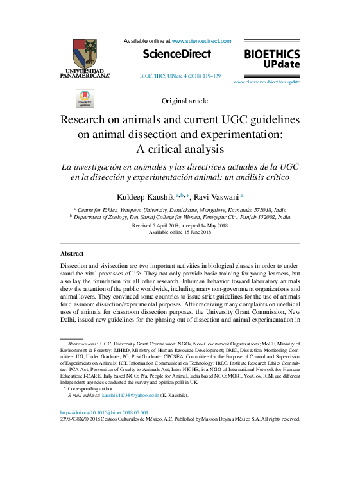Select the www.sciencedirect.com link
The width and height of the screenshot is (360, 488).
(x=201, y=40)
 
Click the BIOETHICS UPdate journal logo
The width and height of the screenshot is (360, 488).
(x=272, y=59)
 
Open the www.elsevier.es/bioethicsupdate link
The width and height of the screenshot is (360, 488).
(x=266, y=82)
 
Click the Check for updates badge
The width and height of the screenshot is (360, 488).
(x=85, y=99)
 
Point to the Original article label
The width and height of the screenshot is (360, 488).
(x=185, y=101)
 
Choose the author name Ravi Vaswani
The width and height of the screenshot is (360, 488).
(x=216, y=196)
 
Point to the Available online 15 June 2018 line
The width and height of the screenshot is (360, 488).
(x=180, y=232)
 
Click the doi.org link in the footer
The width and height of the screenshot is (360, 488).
(x=104, y=412)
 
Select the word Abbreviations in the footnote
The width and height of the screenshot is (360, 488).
(x=83, y=344)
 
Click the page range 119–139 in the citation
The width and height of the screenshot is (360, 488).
(x=210, y=76)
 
